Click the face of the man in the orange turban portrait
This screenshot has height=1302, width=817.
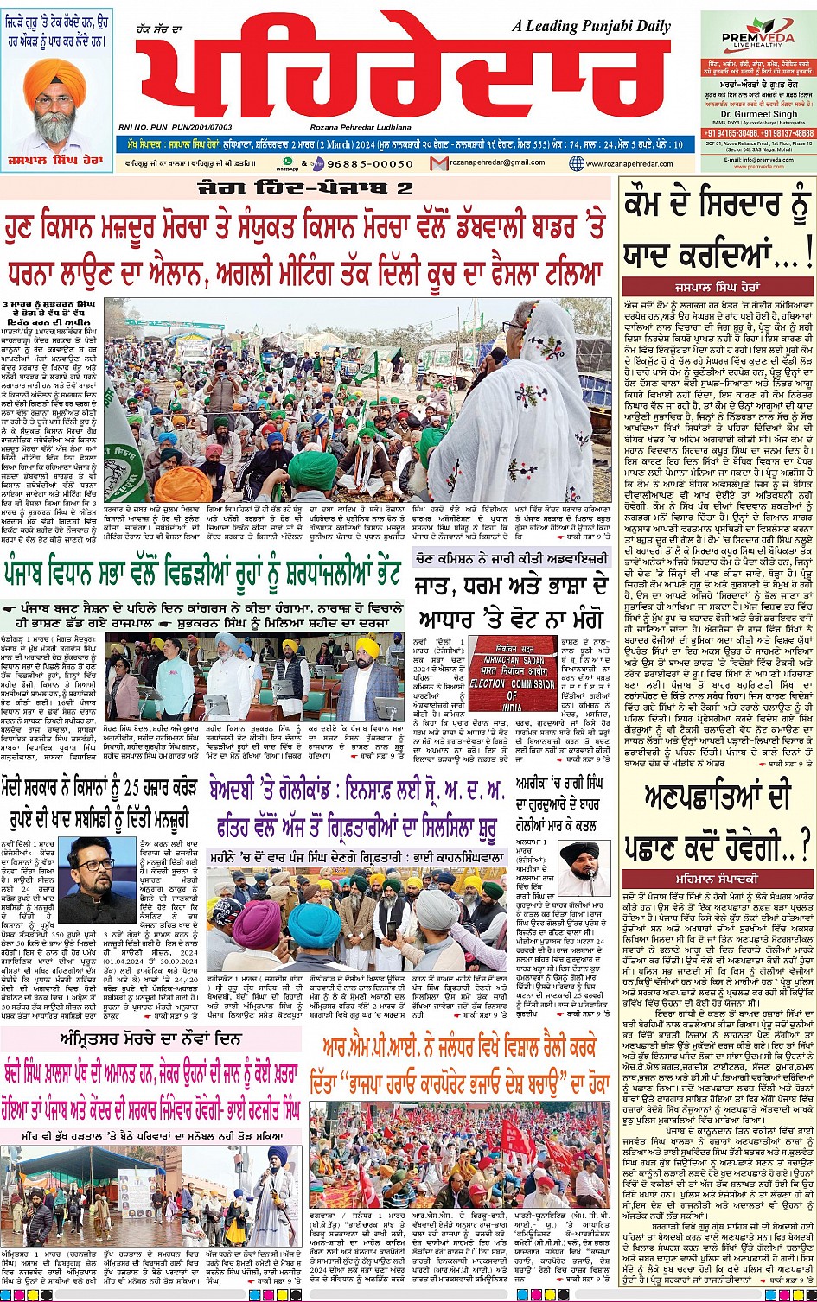click(x=58, y=102)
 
